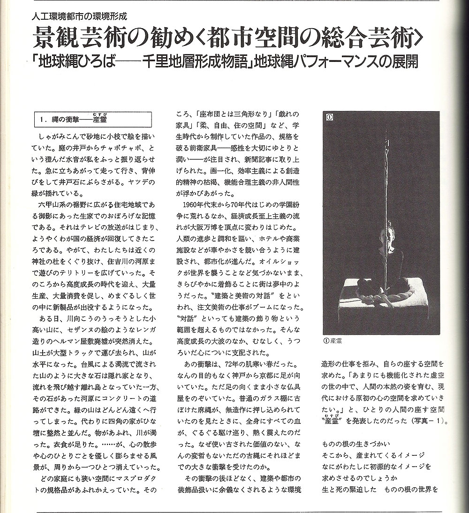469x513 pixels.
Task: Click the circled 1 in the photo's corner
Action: click(x=329, y=117)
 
